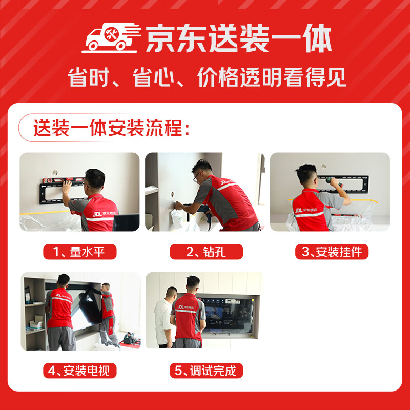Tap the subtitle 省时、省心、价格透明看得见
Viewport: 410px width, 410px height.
pyautogui.click(x=208, y=78)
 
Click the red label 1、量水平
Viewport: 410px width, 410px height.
pyautogui.click(x=79, y=252)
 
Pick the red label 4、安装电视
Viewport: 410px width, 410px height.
pyautogui.click(x=79, y=370)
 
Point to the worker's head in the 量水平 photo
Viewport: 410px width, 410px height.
pyautogui.click(x=95, y=179)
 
